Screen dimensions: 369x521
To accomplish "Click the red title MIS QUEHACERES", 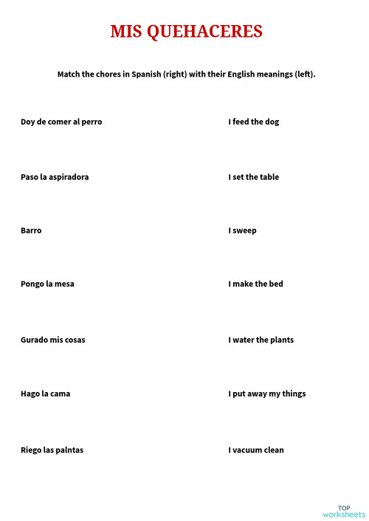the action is [186, 32].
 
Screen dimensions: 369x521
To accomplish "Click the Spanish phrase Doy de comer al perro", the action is [61, 122].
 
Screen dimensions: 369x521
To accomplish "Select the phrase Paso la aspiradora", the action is [55, 177].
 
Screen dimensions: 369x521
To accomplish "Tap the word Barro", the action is [31, 231].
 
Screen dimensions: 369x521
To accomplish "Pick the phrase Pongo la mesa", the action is [47, 284].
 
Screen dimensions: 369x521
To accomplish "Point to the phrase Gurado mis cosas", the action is [52, 340].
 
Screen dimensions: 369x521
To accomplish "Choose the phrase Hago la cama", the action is [46, 394].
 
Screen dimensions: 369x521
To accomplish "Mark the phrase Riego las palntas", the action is [52, 450].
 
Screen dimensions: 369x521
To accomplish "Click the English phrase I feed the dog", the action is [253, 122].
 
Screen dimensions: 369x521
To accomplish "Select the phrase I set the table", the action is [253, 177].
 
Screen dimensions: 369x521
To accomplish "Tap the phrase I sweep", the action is [242, 231].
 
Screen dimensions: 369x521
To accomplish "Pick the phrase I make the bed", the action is [255, 284].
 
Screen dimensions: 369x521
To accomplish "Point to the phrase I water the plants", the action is [261, 340].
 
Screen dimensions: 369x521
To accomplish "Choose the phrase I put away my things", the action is [266, 394].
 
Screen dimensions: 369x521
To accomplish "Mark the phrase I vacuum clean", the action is [255, 450].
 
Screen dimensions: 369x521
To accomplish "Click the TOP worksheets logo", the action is [344, 511].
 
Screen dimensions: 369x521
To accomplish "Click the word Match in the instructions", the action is [69, 74].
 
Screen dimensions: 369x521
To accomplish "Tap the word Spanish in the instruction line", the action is [148, 74].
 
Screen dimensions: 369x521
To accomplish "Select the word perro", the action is [92, 122].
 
